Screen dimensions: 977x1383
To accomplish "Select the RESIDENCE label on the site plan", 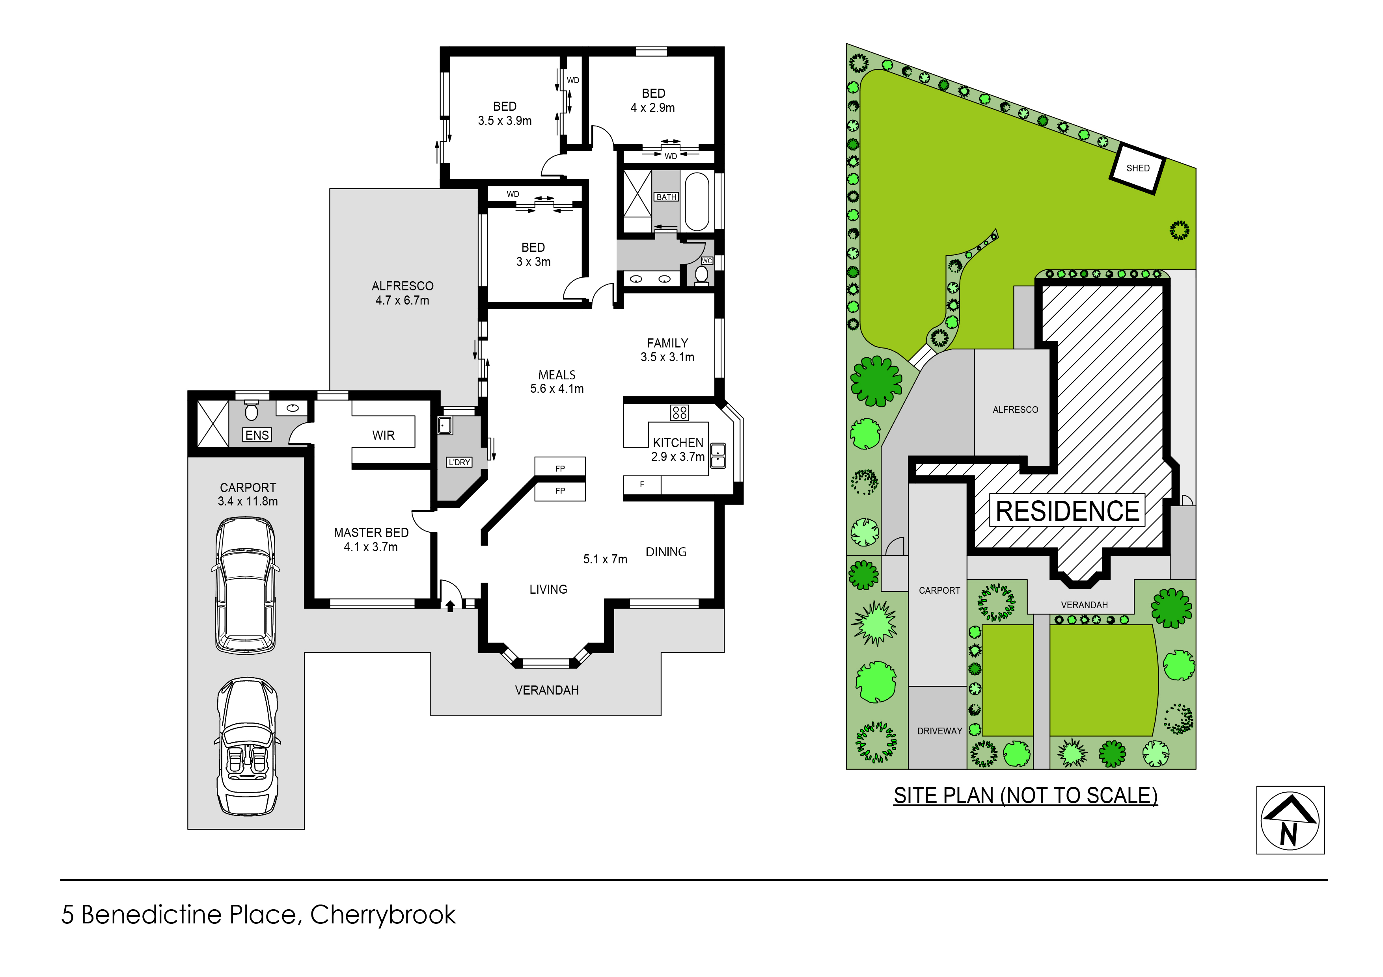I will click(1067, 511).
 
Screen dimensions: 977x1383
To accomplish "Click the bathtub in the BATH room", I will click(697, 202).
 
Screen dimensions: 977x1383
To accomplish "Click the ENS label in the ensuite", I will click(257, 435).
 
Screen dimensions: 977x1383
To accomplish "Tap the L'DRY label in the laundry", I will click(459, 462).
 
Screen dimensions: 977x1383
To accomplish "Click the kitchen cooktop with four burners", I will click(679, 412).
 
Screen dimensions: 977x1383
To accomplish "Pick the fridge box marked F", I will click(642, 485).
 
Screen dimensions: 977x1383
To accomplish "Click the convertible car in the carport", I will click(247, 747).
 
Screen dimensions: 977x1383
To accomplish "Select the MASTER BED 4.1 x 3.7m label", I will click(371, 539).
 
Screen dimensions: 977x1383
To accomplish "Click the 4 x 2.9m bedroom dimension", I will click(652, 108).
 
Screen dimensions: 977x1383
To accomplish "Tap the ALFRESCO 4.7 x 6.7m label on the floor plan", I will click(403, 293).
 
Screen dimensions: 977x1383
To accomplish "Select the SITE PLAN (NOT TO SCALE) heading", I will click(1025, 795).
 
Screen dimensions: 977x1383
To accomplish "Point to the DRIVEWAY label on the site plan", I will click(939, 731).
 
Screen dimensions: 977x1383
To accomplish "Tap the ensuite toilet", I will click(252, 411).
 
